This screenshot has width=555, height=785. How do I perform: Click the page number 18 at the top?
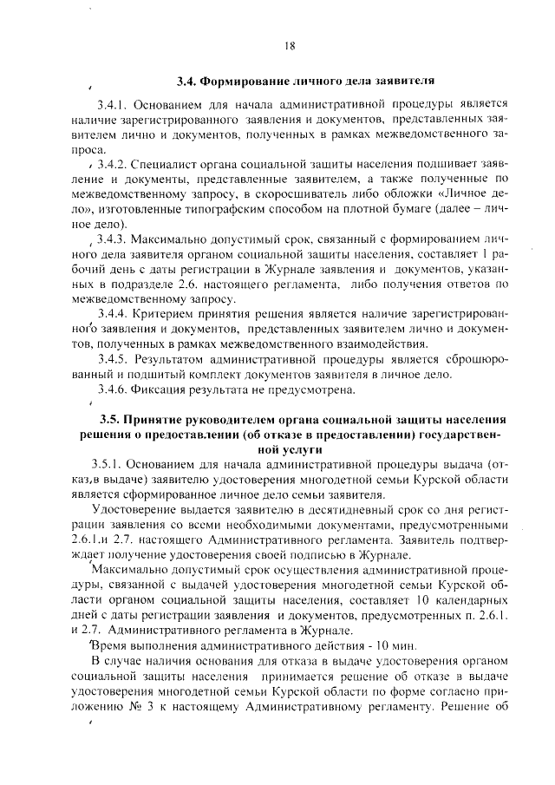[x=289, y=46]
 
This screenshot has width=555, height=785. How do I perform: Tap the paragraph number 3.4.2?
[x=115, y=165]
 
